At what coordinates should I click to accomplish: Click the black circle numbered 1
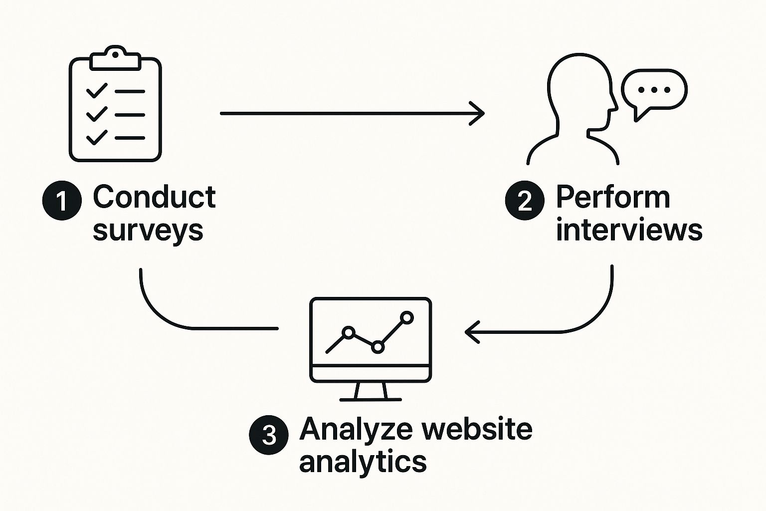point(62,201)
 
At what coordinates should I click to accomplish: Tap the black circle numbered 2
point(525,201)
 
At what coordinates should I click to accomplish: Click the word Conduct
point(154,197)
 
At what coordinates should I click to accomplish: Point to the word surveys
point(148,231)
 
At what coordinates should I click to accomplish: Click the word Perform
point(613,197)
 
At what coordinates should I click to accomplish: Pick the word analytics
point(363,462)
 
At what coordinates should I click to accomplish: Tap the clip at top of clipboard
point(115,58)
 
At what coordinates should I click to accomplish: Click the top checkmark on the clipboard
point(97,91)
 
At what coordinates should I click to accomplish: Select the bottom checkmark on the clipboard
point(97,137)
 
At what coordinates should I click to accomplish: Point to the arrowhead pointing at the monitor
point(472,331)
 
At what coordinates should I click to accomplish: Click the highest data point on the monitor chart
point(407,317)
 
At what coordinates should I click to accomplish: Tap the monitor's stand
point(371,391)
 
